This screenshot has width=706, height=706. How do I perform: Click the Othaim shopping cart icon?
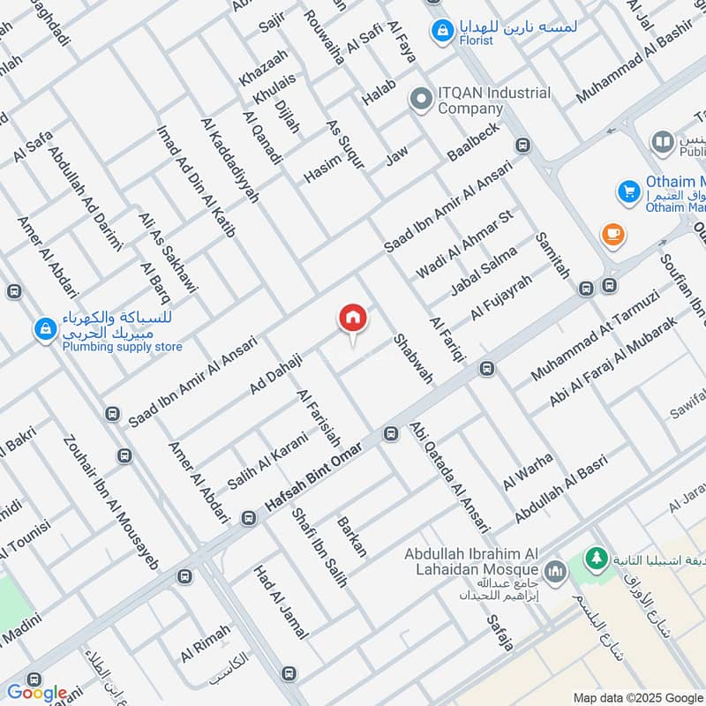click(x=628, y=191)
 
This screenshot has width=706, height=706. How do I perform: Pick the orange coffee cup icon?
click(x=611, y=234)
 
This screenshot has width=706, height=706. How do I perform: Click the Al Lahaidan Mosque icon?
click(x=555, y=572)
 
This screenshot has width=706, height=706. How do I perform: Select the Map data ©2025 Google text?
click(x=636, y=696)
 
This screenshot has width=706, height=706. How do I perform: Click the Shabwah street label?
click(x=413, y=358)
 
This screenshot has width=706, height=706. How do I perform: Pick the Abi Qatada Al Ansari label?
click(x=449, y=477)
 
